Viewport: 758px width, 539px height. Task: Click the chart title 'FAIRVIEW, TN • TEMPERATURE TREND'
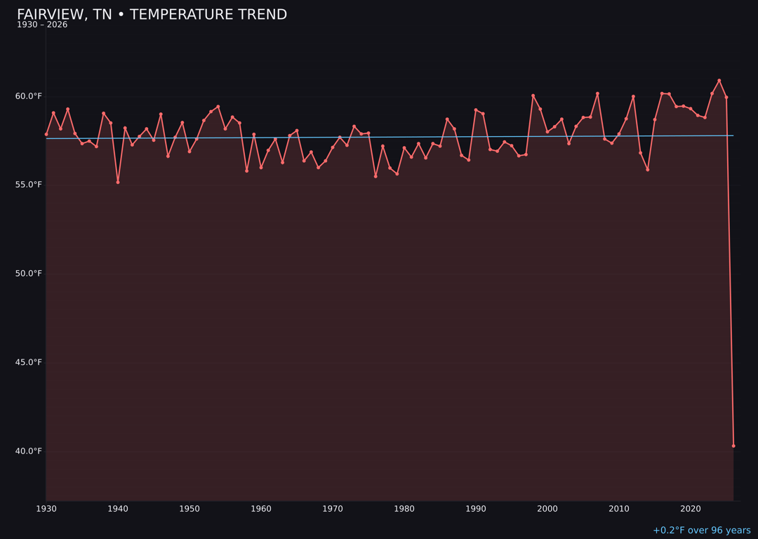pyautogui.click(x=152, y=15)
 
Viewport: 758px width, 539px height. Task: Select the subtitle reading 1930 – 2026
pyautogui.click(x=42, y=25)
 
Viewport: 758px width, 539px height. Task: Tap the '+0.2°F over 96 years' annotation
pyautogui.click(x=701, y=531)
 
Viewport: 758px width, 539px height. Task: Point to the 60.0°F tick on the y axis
pyautogui.click(x=28, y=96)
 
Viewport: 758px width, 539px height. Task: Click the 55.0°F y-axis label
pyautogui.click(x=28, y=185)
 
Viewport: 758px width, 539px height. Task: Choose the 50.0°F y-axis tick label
pyautogui.click(x=28, y=274)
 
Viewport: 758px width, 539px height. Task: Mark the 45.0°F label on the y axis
pyautogui.click(x=28, y=362)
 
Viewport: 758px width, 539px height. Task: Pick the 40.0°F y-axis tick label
pyautogui.click(x=28, y=451)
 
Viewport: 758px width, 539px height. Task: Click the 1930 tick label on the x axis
pyautogui.click(x=46, y=509)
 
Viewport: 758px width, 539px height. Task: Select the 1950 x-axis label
pyautogui.click(x=189, y=509)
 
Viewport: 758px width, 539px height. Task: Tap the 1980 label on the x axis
pyautogui.click(x=404, y=509)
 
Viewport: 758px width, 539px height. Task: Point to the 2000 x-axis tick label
pyautogui.click(x=547, y=509)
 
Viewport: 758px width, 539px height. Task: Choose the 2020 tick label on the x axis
pyautogui.click(x=691, y=509)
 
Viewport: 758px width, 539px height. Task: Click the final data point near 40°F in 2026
pyautogui.click(x=733, y=446)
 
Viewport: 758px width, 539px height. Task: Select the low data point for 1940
pyautogui.click(x=118, y=182)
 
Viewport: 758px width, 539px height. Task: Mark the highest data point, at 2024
pyautogui.click(x=719, y=81)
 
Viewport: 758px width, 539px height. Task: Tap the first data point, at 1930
pyautogui.click(x=46, y=134)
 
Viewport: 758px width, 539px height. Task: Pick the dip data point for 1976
pyautogui.click(x=375, y=176)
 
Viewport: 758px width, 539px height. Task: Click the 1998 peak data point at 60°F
pyautogui.click(x=533, y=95)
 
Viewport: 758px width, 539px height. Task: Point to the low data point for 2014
pyautogui.click(x=648, y=169)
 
